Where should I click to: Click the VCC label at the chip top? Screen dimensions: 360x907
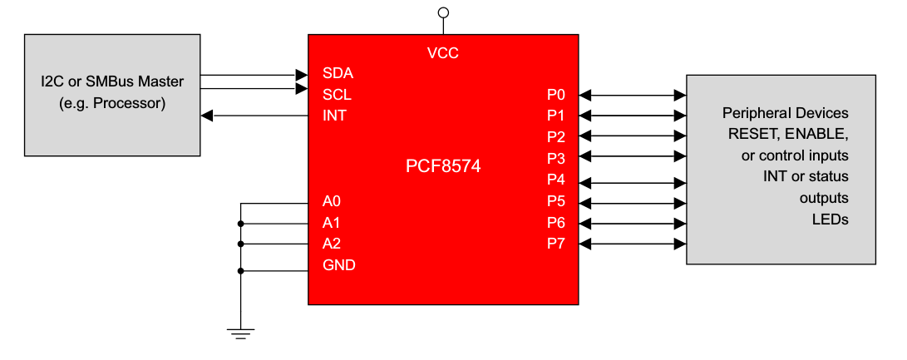tap(442, 54)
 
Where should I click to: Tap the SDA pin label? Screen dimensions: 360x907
tap(337, 72)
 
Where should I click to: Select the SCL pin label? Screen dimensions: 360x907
tap(337, 94)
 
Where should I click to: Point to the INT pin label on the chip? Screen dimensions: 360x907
tap(334, 116)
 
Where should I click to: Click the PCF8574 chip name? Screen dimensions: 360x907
tap(443, 167)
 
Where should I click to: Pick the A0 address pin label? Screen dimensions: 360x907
tap(332, 201)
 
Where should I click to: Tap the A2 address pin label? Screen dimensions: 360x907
tap(332, 244)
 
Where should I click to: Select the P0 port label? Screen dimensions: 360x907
tap(556, 94)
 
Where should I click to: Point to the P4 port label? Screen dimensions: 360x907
tap(556, 180)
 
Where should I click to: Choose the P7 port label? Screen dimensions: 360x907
tap(556, 244)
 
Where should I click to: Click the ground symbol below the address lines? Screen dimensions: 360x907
tap(241, 334)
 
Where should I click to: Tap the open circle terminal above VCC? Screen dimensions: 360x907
tap(443, 12)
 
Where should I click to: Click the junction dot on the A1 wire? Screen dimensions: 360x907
tap(241, 224)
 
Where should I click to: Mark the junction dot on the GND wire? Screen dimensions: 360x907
tap(241, 270)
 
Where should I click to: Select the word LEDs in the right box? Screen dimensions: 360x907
tap(830, 219)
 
